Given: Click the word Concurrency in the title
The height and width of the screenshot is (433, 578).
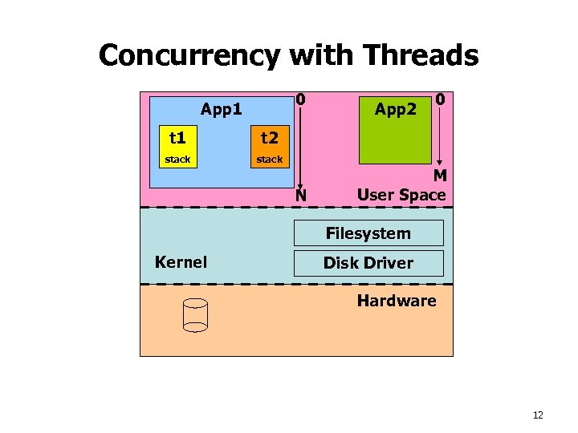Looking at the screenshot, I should (189, 55).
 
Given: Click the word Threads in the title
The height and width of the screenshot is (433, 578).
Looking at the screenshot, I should (421, 55).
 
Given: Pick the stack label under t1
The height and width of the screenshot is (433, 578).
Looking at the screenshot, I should (177, 160).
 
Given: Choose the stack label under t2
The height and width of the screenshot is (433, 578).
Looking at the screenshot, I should (269, 160).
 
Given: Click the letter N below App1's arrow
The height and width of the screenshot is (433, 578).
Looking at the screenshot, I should (300, 195).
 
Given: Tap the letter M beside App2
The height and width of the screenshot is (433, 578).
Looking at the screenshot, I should (440, 176).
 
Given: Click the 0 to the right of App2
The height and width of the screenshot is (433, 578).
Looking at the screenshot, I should (441, 100).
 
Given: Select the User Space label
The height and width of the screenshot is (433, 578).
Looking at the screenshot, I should (401, 195).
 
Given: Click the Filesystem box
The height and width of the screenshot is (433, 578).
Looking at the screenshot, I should (368, 233).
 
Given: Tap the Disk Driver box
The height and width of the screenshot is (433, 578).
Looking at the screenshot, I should (368, 263).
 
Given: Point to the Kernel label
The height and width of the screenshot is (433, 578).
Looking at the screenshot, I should (181, 262).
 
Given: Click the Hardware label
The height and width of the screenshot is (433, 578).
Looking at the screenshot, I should (397, 301).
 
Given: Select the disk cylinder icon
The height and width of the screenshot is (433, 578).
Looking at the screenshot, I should (195, 315).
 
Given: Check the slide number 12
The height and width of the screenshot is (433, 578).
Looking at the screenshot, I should (537, 415).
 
